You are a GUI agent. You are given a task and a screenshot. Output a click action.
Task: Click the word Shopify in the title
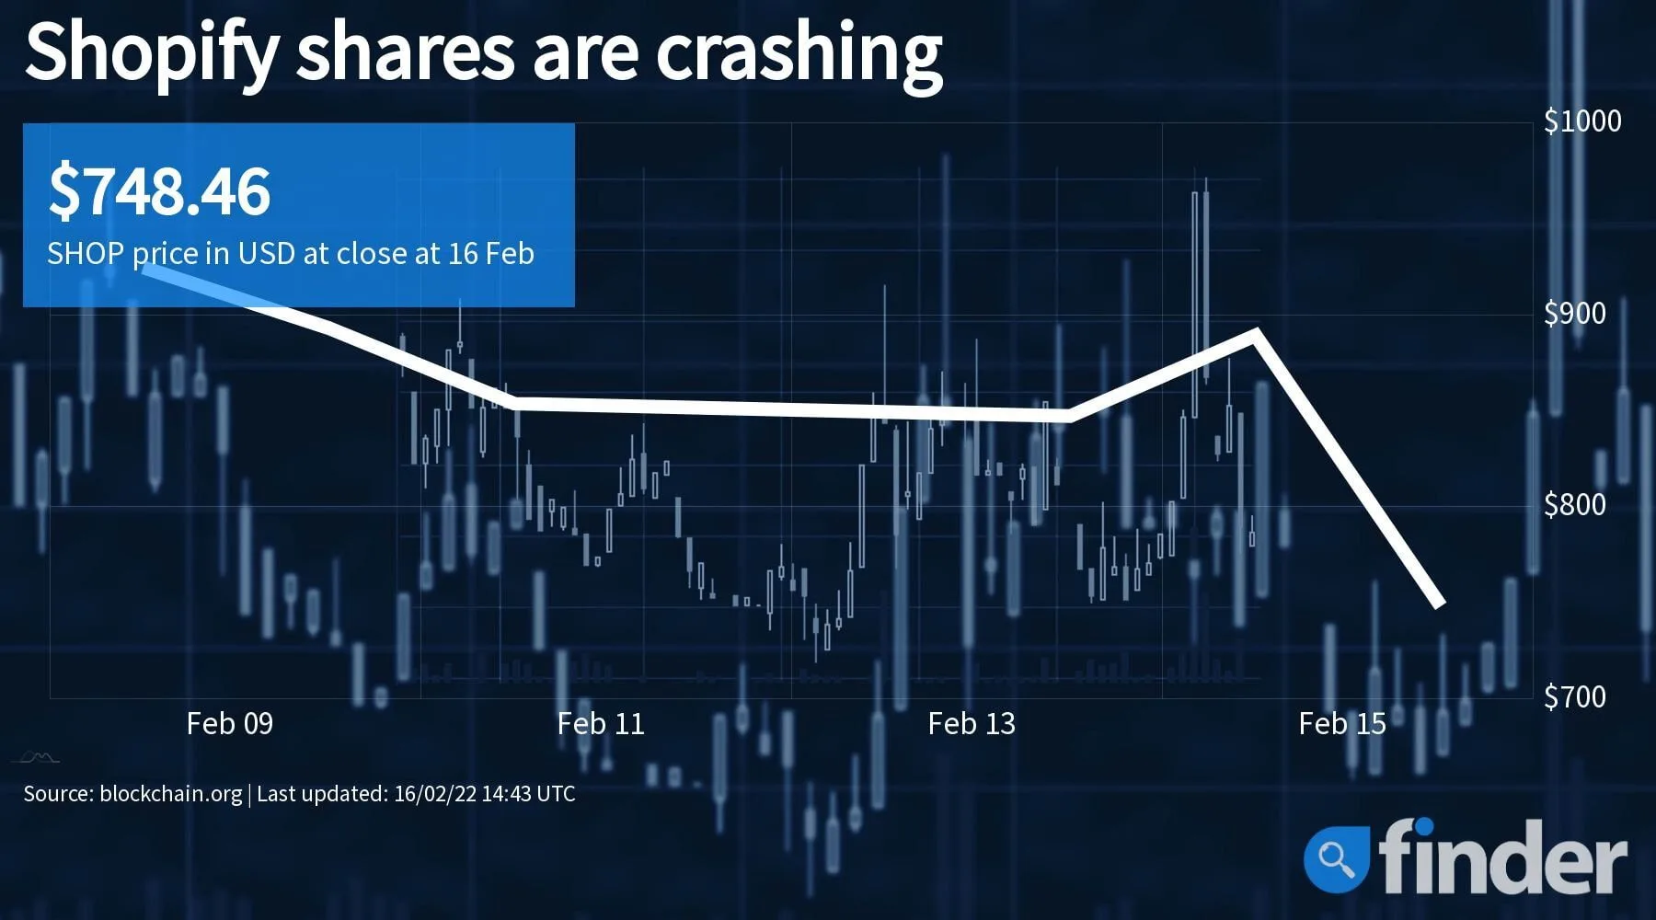[x=151, y=53]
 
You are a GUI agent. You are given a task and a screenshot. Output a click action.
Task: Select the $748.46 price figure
[x=159, y=191]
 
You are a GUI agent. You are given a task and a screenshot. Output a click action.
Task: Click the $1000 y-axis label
[x=1582, y=121]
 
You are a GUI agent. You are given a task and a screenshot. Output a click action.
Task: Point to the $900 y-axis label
[x=1575, y=314]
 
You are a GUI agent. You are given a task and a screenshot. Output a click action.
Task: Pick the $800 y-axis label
[x=1575, y=505]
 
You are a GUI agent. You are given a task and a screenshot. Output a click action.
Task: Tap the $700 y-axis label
[x=1575, y=696]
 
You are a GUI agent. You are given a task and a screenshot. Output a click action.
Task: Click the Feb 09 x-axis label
[x=230, y=724]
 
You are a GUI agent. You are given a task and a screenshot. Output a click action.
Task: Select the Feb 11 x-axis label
[x=601, y=724]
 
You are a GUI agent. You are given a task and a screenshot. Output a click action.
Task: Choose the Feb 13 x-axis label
[x=972, y=724]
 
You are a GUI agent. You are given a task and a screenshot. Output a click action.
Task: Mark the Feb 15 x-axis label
[x=1342, y=724]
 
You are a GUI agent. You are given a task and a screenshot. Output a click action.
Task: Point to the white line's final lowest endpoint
[x=1441, y=604]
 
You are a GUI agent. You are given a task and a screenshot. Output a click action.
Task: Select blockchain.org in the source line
[x=170, y=794]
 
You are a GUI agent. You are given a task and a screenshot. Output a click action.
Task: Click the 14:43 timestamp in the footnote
[x=509, y=793]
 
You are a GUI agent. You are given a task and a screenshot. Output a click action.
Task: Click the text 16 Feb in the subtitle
[x=491, y=253]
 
